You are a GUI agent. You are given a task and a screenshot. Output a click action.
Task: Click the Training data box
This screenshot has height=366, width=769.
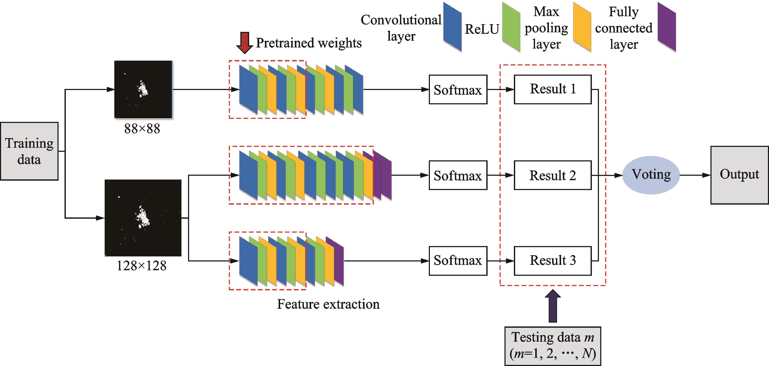[29, 151]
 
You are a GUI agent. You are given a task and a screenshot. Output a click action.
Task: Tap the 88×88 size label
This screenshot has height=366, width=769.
[142, 129]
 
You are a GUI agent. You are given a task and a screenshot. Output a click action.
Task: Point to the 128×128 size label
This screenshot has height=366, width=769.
[141, 266]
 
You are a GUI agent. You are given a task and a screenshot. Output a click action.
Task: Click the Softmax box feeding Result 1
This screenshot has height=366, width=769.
[458, 90]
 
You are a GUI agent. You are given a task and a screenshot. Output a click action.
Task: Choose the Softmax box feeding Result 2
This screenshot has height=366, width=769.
[458, 175]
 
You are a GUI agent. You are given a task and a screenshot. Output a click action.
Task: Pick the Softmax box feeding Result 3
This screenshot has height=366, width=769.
[458, 261]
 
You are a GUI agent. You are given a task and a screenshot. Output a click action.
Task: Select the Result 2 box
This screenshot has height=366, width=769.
[553, 175]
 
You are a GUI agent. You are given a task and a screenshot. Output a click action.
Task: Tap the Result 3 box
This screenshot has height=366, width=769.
[553, 261]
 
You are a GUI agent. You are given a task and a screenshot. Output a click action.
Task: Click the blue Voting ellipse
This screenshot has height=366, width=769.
[651, 175]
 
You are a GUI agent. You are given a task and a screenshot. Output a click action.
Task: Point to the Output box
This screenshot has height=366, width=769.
[739, 175]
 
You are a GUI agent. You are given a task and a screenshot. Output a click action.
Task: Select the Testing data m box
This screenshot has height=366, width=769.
[553, 346]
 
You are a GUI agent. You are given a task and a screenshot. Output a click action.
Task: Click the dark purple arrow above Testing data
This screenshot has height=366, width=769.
[553, 306]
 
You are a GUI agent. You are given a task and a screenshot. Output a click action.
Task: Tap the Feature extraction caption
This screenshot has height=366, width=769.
[328, 304]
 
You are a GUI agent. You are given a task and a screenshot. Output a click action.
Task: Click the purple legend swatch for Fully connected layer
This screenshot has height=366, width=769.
[667, 27]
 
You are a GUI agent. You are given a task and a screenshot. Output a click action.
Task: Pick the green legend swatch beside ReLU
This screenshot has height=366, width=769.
[511, 27]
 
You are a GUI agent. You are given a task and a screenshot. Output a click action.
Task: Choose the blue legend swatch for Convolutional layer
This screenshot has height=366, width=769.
[452, 27]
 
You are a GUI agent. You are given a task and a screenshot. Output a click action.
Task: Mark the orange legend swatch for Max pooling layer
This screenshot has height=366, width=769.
[582, 27]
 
